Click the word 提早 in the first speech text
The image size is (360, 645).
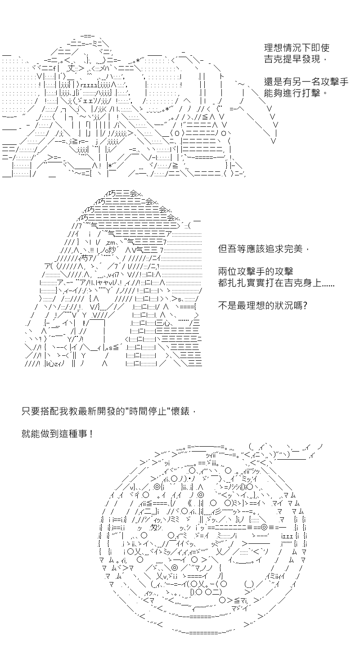tap(292, 59)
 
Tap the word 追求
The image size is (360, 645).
tap(274, 248)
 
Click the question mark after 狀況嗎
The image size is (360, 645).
tap(305, 305)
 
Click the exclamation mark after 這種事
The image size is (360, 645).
tap(91, 434)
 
